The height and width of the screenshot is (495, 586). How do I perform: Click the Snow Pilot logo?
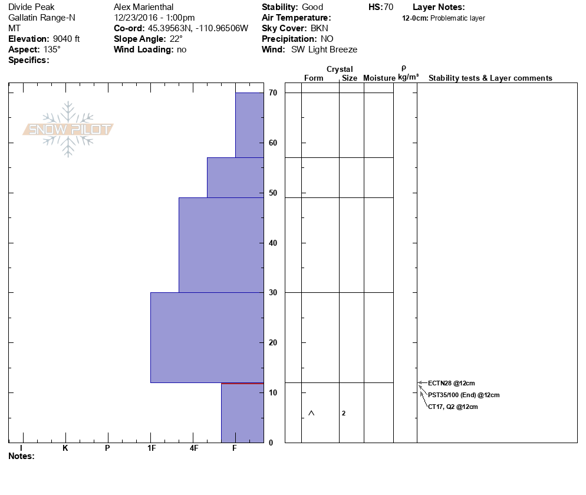pyautogui.click(x=68, y=130)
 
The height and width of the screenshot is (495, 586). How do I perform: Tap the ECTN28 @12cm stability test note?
pyautogui.click(x=451, y=383)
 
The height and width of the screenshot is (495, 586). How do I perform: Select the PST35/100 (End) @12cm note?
pyautogui.click(x=463, y=395)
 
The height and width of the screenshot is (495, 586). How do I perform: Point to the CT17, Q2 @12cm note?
pyautogui.click(x=453, y=407)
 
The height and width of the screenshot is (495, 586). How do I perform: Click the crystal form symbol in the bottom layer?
pyautogui.click(x=311, y=413)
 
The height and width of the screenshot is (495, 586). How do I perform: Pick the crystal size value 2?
pyautogui.click(x=344, y=413)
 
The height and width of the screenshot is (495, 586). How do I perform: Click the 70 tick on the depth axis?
pyautogui.click(x=273, y=93)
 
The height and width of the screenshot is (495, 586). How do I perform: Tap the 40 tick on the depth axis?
pyautogui.click(x=273, y=243)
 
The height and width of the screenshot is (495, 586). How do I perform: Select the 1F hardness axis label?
pyautogui.click(x=151, y=448)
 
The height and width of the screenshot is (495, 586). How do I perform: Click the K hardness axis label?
pyautogui.click(x=65, y=448)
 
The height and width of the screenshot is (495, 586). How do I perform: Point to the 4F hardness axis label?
pyautogui.click(x=194, y=448)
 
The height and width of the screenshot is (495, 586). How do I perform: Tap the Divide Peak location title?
pyautogui.click(x=32, y=7)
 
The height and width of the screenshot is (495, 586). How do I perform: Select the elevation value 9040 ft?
pyautogui.click(x=66, y=39)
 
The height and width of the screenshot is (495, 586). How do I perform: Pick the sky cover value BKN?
pyautogui.click(x=321, y=28)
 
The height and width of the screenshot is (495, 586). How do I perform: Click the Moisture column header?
pyautogui.click(x=379, y=78)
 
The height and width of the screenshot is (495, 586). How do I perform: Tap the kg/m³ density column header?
pyautogui.click(x=408, y=77)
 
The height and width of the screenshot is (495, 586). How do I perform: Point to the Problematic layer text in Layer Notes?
pyautogui.click(x=457, y=18)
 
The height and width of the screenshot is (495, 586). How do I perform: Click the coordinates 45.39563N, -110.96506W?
pyautogui.click(x=198, y=28)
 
